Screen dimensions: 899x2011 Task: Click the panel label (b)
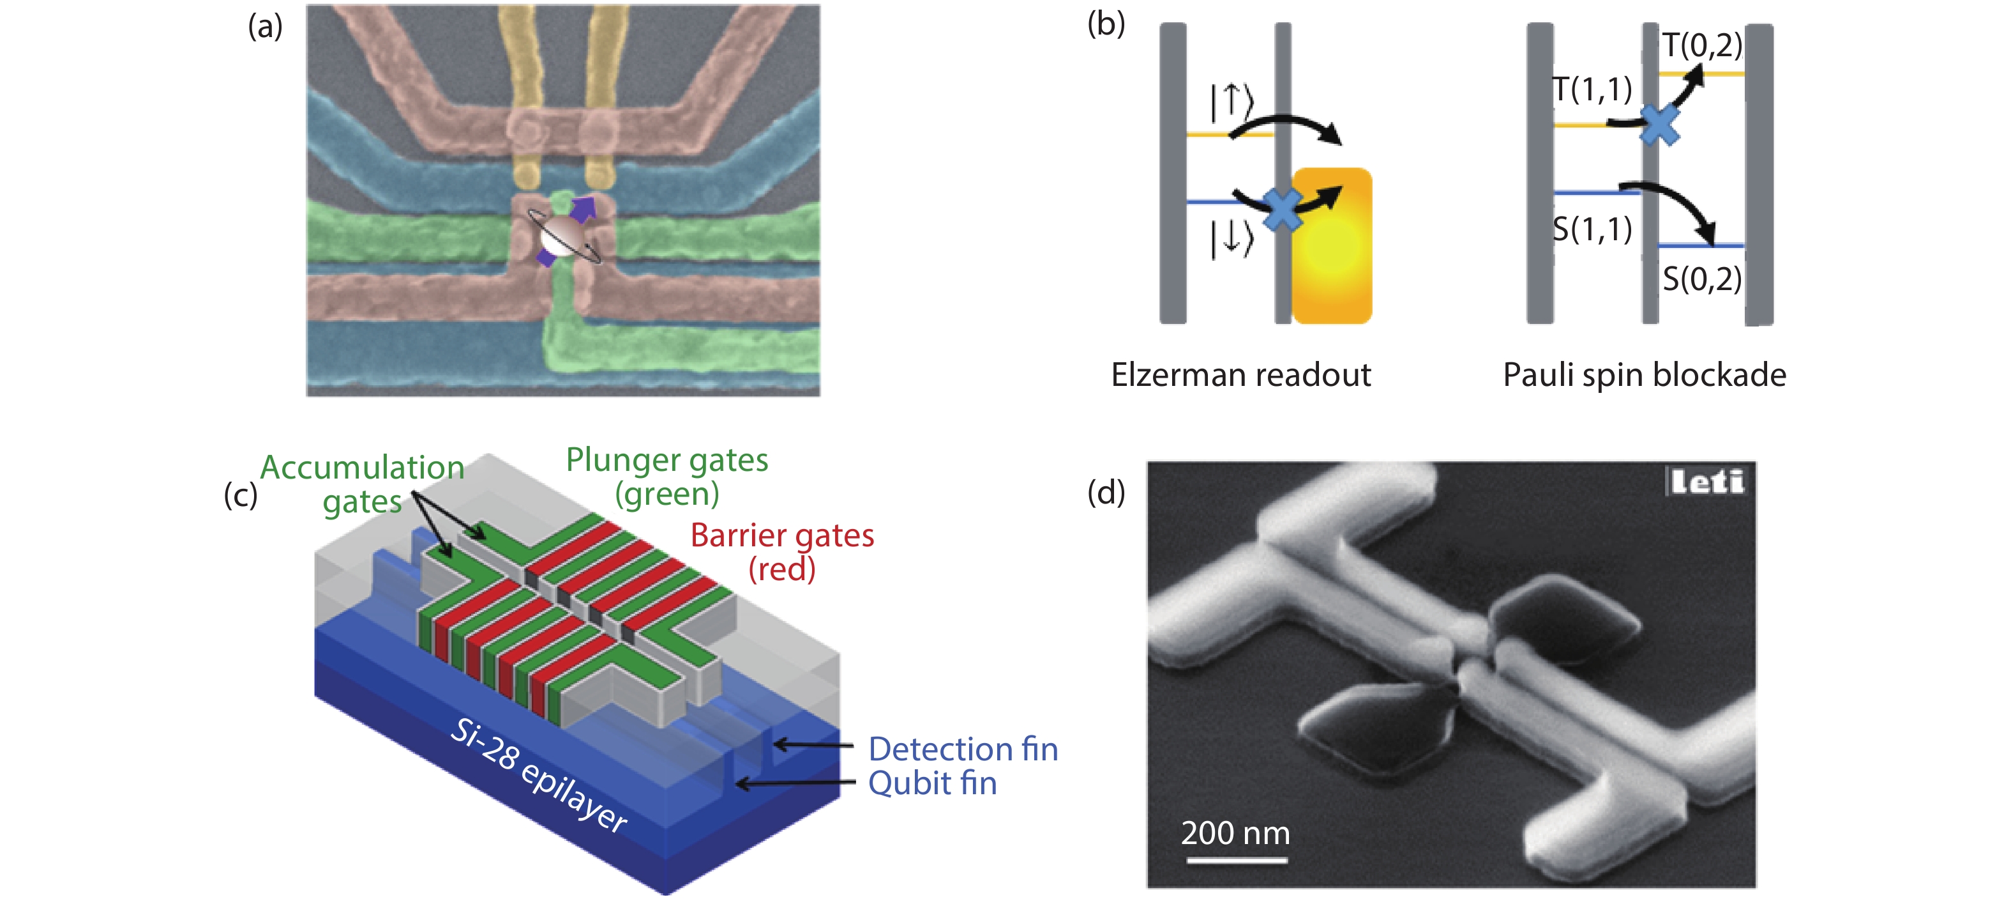(1106, 24)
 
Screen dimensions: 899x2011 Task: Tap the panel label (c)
(241, 495)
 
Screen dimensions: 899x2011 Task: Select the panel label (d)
(1106, 493)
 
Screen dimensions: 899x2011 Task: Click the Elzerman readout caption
(1240, 375)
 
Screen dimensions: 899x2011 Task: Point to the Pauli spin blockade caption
(1644, 375)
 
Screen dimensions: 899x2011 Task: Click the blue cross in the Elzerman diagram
(1282, 210)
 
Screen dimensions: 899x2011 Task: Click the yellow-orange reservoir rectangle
(1332, 246)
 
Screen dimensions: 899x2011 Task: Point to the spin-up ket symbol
(1231, 102)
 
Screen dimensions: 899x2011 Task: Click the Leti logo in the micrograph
(1706, 481)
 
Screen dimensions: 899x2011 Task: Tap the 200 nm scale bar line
(1237, 860)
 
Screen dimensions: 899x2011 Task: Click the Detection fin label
(963, 749)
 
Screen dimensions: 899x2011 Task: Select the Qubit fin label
(932, 783)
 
